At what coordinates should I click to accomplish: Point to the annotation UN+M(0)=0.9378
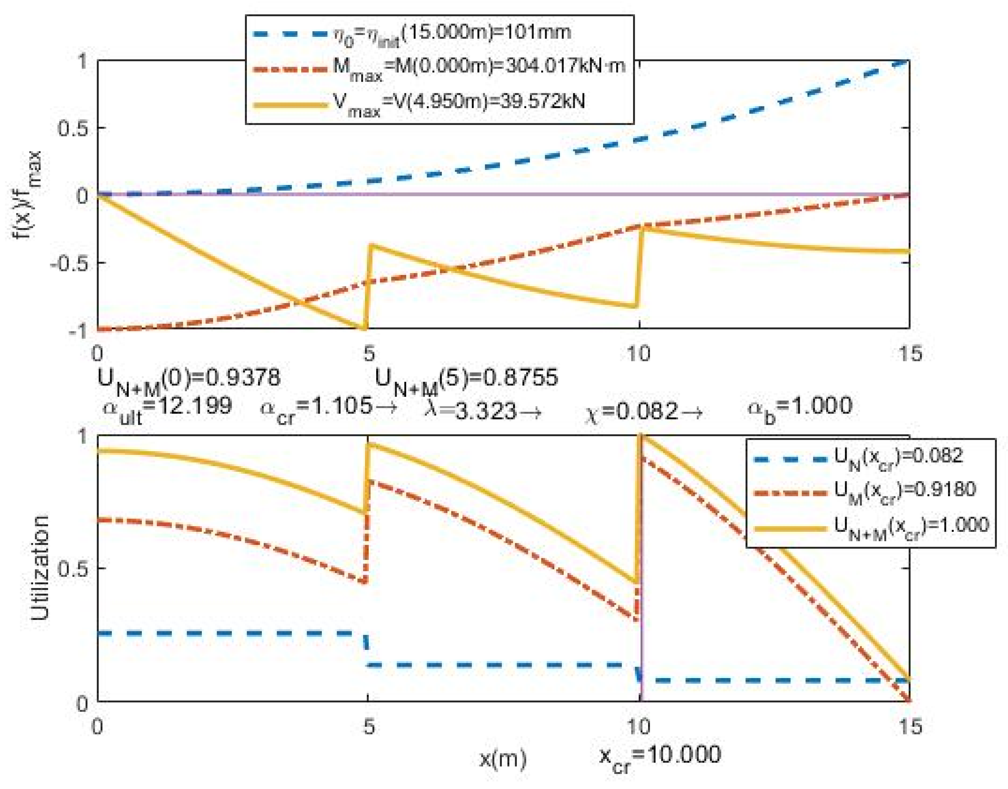click(189, 380)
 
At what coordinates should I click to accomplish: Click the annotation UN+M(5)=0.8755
click(466, 380)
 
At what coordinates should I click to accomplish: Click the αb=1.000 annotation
click(799, 407)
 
